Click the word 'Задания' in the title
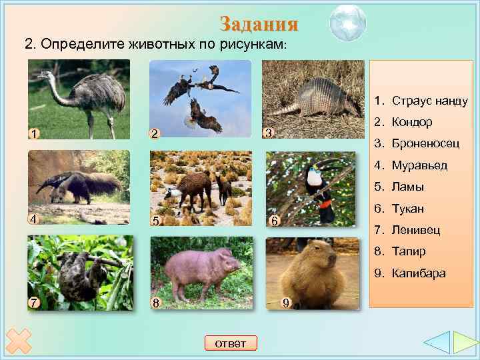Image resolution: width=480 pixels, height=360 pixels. coord(259,25)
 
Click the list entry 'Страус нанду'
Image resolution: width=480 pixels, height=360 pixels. coord(429,101)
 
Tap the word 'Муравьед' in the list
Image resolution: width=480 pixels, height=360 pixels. coord(419,165)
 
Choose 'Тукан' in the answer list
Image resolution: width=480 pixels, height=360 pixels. coord(408,209)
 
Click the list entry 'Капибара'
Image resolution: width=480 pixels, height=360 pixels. coord(419,273)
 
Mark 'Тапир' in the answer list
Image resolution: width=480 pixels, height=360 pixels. coord(409,252)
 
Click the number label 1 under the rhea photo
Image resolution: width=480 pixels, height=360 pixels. coord(33,133)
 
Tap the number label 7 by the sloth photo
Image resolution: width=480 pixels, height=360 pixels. coord(33,303)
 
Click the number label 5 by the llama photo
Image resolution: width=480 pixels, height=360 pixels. coord(155,220)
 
